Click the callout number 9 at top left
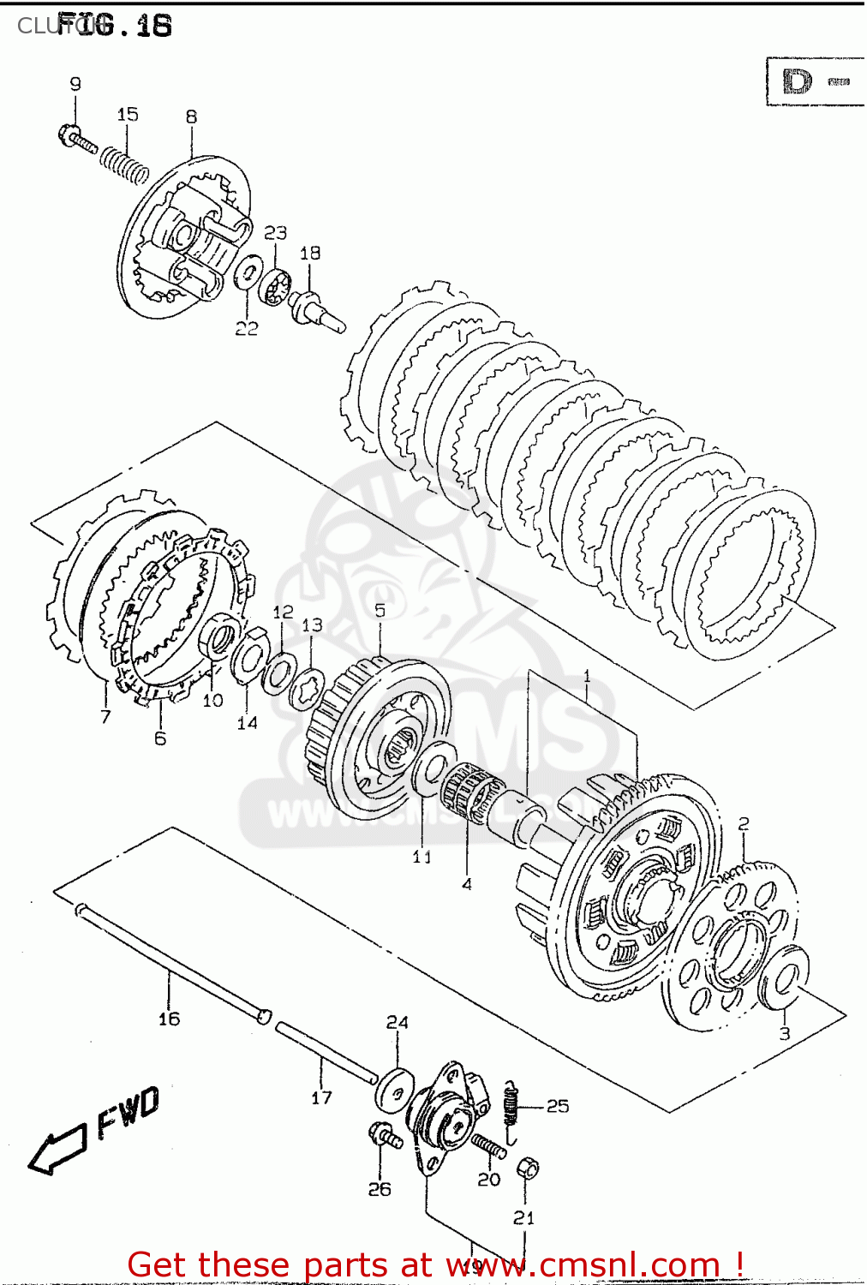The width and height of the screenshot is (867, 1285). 75,84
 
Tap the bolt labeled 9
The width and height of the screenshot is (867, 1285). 76,140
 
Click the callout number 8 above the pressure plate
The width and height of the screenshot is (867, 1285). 191,117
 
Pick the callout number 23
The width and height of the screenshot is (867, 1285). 275,233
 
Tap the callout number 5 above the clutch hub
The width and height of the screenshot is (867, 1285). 380,610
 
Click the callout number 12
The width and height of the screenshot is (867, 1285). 283,612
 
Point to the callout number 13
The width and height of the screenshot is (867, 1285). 312,625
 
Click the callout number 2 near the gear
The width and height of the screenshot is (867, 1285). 743,823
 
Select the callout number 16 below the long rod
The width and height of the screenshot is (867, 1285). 169,1019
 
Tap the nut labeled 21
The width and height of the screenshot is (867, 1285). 528,1168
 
